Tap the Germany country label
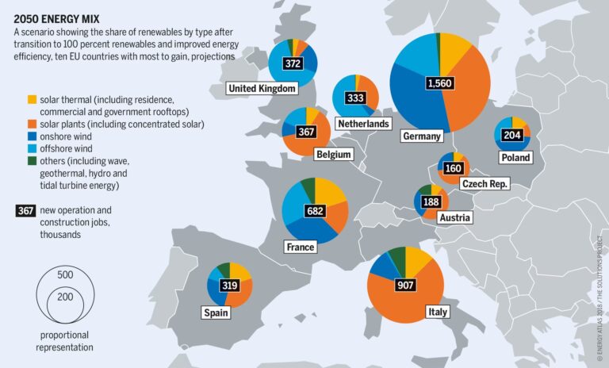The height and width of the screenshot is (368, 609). pos(421,136)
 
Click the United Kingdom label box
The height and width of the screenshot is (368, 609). pos(262,89)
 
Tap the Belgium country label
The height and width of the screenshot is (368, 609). pos(333,154)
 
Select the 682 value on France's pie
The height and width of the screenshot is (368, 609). pos(315,211)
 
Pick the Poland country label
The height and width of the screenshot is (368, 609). pos(515,158)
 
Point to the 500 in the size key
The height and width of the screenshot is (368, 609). pos(65,274)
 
